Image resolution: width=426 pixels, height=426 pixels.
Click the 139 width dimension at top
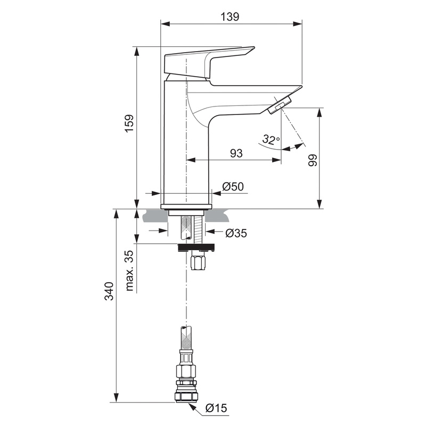pyautogui.click(x=230, y=17)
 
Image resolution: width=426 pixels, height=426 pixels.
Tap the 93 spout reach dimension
pyautogui.click(x=236, y=153)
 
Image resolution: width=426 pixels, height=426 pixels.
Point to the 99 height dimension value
pyautogui.click(x=313, y=160)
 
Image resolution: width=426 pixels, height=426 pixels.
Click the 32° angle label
pyautogui.click(x=271, y=140)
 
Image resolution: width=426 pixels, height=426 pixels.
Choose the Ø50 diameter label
pyautogui.click(x=233, y=186)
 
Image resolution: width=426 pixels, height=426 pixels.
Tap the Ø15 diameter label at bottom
pyautogui.click(x=216, y=408)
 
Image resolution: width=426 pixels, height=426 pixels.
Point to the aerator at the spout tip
pyautogui.click(x=280, y=105)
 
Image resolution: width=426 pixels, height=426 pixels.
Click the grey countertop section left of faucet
pyautogui.click(x=154, y=216)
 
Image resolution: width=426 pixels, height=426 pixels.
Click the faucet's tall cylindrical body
pyautogui.click(x=186, y=154)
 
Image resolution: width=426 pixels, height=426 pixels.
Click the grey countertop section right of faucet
pyautogui.click(x=218, y=216)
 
